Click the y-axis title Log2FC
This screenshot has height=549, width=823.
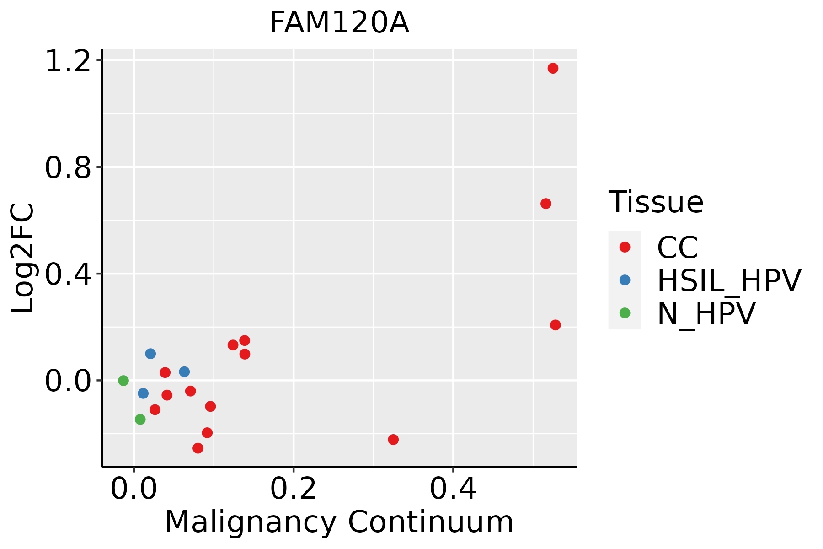pos(23,258)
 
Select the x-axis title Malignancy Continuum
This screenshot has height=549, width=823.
pos(339,522)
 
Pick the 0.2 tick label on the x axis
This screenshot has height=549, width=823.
pos(293,489)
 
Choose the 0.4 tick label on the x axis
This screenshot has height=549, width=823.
pos(453,489)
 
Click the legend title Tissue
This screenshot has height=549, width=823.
pos(656,202)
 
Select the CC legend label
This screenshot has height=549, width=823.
pos(678,248)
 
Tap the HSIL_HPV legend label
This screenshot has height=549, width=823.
pos(729,280)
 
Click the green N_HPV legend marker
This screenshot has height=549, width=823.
pos(625,313)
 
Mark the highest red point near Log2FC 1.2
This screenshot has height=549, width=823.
pos(553,69)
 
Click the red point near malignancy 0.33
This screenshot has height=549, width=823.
pos(393,440)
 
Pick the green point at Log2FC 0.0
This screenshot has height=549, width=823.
pos(123,381)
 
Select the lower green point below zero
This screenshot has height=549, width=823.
pos(140,420)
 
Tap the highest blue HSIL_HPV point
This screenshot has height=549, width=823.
pos(150,354)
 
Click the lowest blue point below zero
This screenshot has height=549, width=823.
pos(143,393)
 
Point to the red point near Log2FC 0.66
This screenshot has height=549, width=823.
pos(545,204)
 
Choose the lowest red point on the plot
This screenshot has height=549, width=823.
pos(198,448)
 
